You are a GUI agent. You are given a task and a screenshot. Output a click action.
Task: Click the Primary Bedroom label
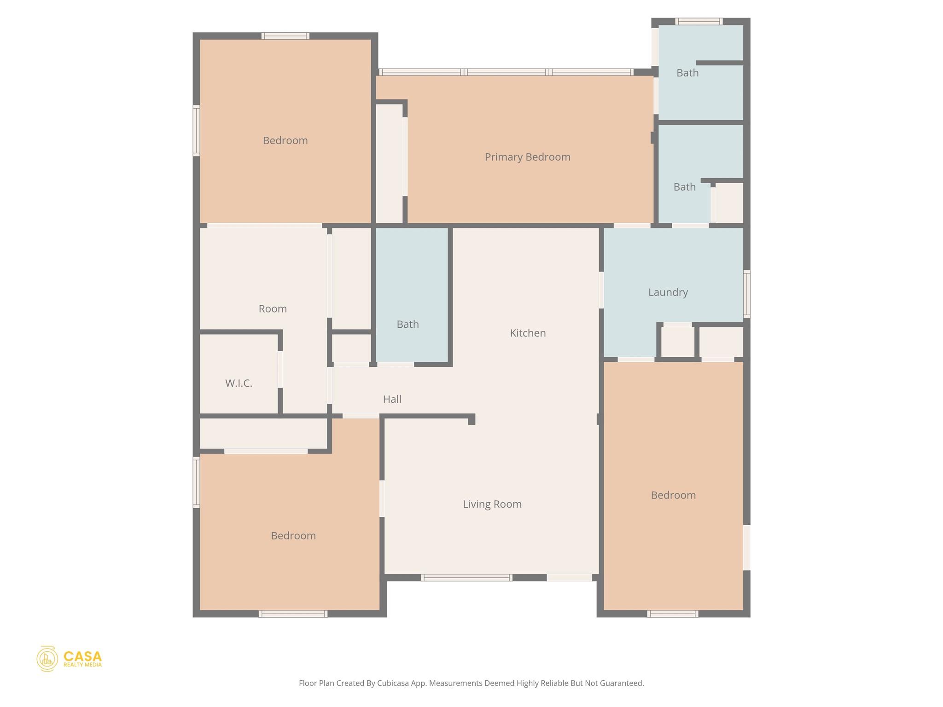click(x=527, y=157)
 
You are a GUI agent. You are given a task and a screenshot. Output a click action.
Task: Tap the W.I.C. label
click(x=239, y=383)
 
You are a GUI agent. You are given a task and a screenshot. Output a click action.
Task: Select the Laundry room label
click(x=668, y=292)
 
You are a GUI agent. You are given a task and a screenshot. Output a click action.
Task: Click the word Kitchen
click(x=528, y=333)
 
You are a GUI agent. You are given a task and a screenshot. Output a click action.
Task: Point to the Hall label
click(x=392, y=399)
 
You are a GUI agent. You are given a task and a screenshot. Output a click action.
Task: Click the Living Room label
click(x=492, y=504)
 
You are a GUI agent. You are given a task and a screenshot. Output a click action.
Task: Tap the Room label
click(x=273, y=309)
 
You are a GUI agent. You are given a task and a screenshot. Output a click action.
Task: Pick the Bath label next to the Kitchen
click(x=407, y=325)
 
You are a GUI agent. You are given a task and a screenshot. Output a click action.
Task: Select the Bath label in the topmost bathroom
click(x=687, y=73)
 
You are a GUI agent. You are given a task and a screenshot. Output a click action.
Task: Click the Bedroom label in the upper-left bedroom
click(x=285, y=140)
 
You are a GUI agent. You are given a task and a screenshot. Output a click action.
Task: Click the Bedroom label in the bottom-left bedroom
click(x=293, y=535)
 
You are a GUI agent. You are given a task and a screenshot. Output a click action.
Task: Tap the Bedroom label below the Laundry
click(x=673, y=495)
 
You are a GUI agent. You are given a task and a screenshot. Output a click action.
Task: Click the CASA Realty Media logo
click(x=69, y=658)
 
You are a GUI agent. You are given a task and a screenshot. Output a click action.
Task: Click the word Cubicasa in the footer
click(x=394, y=683)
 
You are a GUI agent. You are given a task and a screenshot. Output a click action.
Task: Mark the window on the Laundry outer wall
click(x=746, y=294)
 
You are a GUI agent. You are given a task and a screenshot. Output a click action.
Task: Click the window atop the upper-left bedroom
click(x=285, y=36)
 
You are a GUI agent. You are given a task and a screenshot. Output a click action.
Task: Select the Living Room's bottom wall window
click(x=466, y=577)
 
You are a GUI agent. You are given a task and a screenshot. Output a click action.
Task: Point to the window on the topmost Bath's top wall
click(x=698, y=21)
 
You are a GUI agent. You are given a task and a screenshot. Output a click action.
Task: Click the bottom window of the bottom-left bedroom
click(x=293, y=614)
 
